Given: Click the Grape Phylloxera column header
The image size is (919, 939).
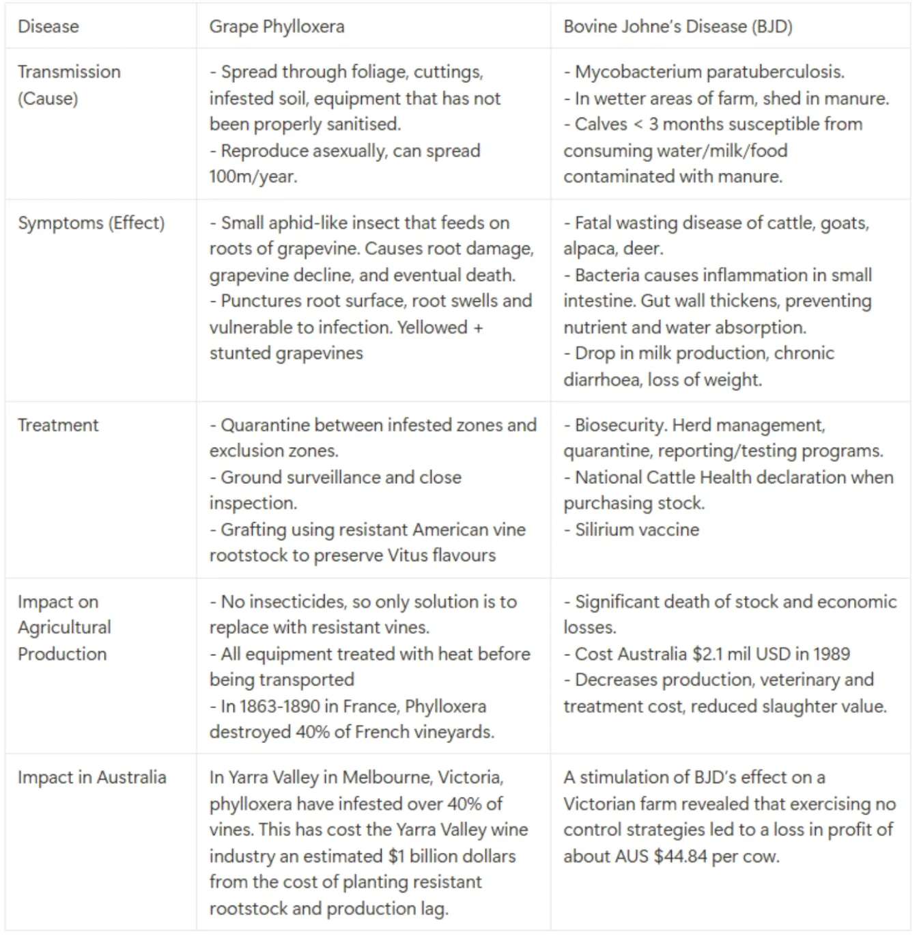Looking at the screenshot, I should tap(277, 27).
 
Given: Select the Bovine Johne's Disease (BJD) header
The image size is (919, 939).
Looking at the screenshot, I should tap(677, 27).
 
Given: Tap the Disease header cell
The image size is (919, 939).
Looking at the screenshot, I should tap(48, 27).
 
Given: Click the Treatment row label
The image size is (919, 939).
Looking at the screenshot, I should tap(58, 425).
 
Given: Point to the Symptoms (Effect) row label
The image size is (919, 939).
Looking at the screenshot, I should tap(91, 223).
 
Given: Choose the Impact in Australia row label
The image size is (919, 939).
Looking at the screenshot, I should tap(91, 778).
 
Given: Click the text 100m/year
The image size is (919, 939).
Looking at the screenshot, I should tap(253, 176).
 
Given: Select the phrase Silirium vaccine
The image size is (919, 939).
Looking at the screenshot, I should tap(637, 530).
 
